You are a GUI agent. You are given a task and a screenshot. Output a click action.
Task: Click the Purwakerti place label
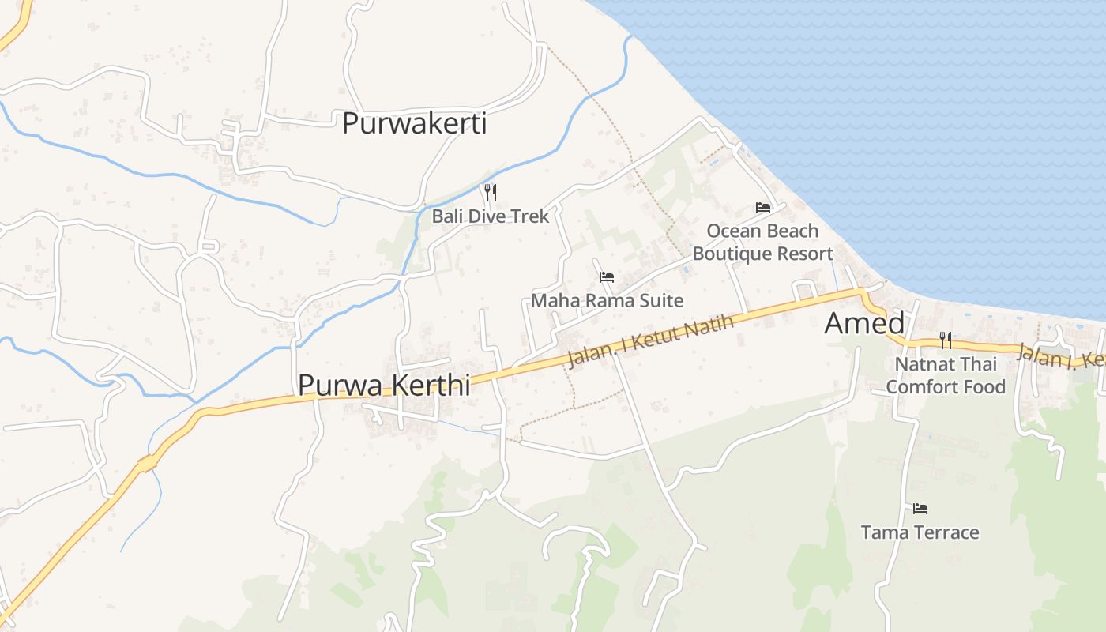pos(414,124)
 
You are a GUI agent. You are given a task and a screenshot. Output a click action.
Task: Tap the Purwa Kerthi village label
pos(384,385)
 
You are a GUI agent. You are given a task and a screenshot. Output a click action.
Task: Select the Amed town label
pos(864,323)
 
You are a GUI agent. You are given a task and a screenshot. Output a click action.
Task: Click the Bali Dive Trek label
pos(490,216)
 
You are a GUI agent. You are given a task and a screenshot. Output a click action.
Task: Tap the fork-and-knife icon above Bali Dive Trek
pos(490,192)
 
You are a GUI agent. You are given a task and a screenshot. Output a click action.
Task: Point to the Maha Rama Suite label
pos(607,300)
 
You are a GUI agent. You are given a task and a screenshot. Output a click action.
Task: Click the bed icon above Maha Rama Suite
pos(607,277)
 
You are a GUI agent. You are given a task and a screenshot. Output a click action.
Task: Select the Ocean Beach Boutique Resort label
pos(762,242)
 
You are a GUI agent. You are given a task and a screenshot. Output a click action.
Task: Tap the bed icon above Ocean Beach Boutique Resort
pos(762,208)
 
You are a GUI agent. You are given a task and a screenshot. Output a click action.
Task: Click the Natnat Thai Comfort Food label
pos(946,375)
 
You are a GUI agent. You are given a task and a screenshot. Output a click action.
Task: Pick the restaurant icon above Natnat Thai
pos(945,340)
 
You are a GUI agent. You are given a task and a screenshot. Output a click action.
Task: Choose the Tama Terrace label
pos(920,532)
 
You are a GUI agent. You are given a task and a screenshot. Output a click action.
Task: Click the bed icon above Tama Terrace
pos(920,509)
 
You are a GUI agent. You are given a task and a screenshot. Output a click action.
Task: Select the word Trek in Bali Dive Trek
pos(531,216)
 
